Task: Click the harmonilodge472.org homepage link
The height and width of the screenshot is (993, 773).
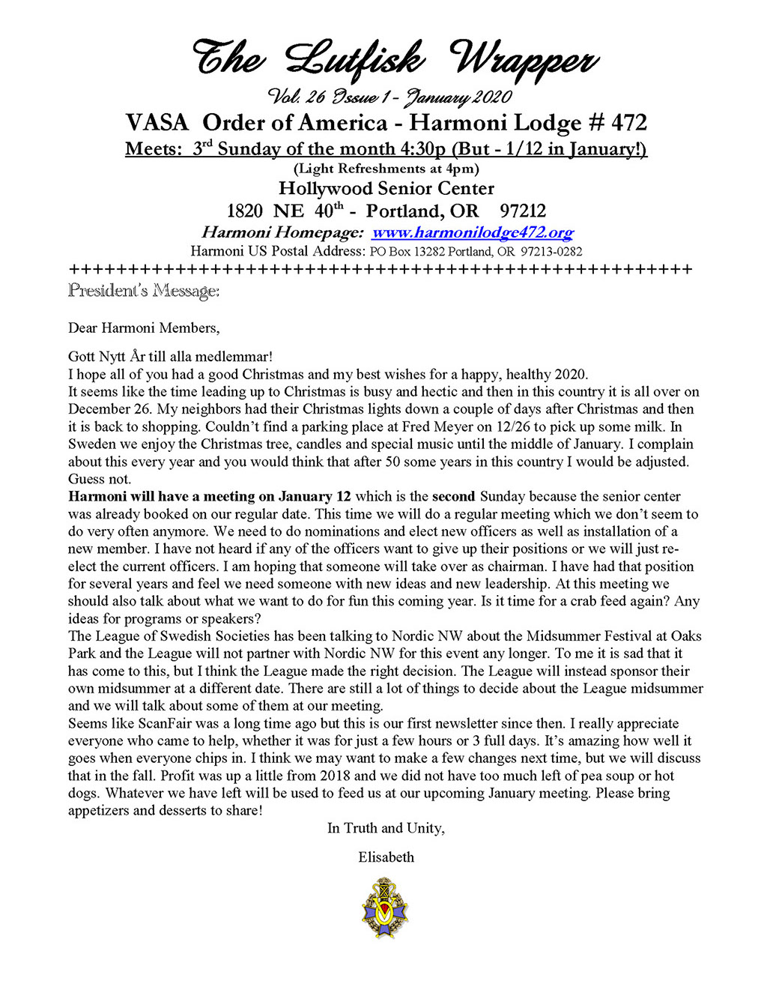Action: click(473, 232)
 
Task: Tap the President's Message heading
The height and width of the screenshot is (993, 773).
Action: click(144, 290)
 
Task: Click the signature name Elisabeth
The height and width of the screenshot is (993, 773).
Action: click(386, 857)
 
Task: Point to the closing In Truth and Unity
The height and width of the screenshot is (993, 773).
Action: click(386, 828)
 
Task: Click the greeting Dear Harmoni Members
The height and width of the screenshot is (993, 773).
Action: click(144, 328)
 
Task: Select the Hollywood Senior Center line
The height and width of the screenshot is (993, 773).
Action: click(386, 188)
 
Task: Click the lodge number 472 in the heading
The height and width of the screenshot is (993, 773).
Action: click(629, 123)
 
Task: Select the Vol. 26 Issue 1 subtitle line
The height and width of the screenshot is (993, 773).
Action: click(389, 97)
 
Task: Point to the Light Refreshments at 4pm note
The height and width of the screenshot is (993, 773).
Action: click(386, 169)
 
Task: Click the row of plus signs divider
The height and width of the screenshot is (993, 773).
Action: click(381, 270)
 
